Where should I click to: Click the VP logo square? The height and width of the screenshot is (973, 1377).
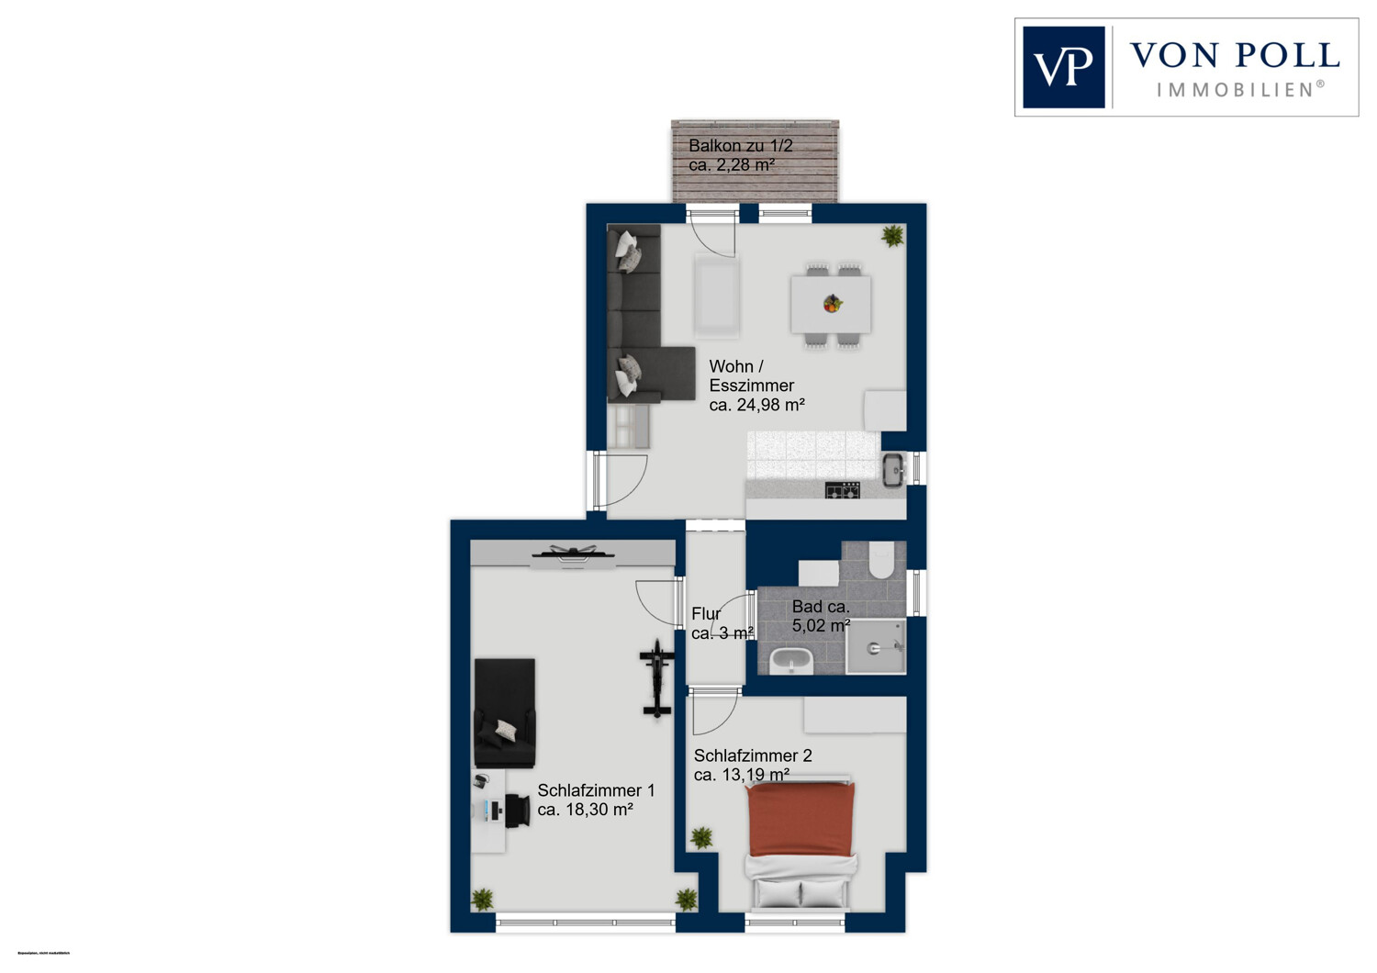1063,67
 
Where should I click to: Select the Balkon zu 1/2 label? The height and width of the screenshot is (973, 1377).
740,146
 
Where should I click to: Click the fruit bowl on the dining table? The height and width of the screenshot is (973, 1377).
832,303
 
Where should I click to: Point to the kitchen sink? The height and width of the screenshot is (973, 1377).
893,470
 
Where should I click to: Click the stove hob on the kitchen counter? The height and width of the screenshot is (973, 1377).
842,491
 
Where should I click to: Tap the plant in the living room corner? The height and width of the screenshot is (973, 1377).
891,236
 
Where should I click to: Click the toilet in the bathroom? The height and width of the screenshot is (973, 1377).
881,560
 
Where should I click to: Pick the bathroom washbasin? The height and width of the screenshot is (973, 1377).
789,660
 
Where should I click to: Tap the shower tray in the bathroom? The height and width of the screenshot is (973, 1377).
875,647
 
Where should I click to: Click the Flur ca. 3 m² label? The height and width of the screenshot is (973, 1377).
722,623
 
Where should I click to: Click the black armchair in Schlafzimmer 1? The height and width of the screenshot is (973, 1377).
504,712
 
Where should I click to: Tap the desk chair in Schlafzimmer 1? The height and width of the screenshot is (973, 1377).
517,810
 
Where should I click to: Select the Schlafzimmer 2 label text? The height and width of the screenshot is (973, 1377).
752,756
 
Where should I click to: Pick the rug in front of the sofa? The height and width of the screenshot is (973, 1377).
717,296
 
